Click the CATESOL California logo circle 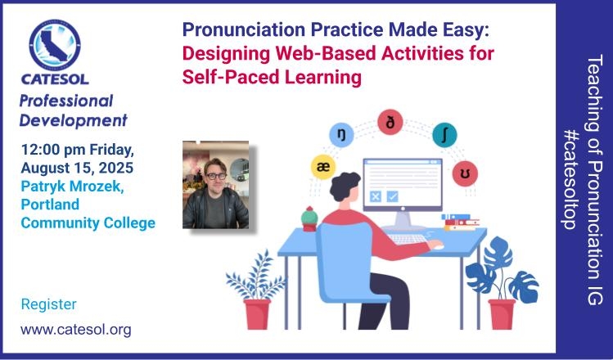55,44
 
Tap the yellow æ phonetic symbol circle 323,167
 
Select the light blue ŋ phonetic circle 341,134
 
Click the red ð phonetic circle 390,123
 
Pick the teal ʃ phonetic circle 444,135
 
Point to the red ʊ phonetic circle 465,173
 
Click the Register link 48,304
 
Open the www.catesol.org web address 76,330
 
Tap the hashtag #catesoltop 570,180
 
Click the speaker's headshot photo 215,184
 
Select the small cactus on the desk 309,218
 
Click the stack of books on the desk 460,222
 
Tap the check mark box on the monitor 392,196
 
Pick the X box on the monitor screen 376,196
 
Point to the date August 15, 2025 77,168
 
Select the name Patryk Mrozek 72,187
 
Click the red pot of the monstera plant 502,314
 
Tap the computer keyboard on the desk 409,238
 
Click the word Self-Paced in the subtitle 230,77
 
